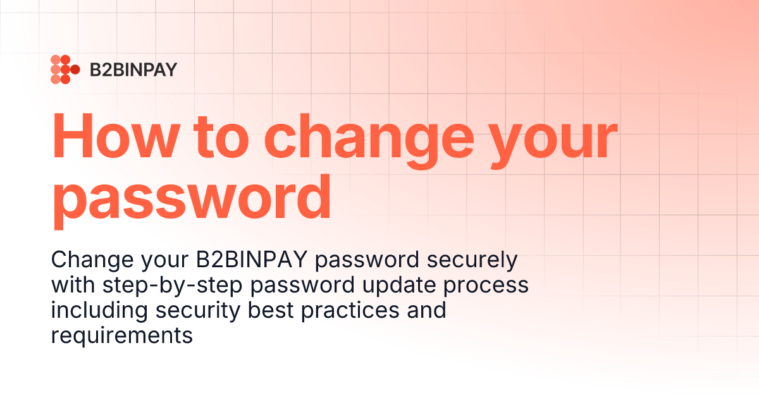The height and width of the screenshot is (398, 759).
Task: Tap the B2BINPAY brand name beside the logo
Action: (x=133, y=69)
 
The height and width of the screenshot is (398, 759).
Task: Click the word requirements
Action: (x=121, y=336)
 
